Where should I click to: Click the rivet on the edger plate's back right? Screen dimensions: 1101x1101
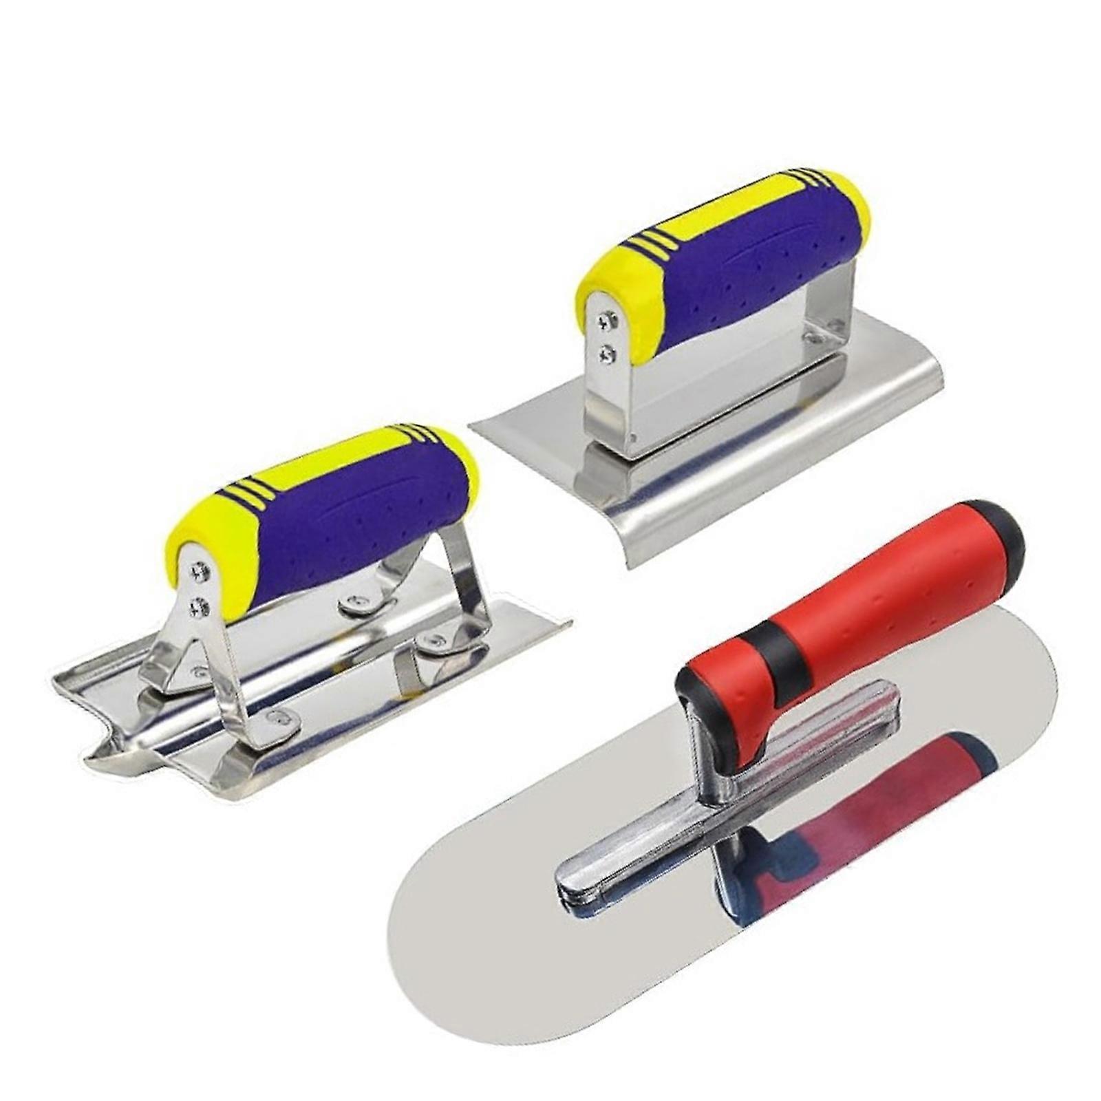tap(815, 337)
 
